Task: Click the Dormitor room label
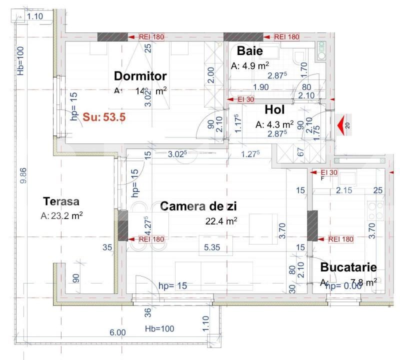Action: (x=140, y=76)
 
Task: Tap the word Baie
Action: (x=249, y=51)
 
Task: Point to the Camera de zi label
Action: (x=198, y=206)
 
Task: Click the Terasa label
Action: (x=61, y=202)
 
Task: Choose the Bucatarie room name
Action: (x=348, y=267)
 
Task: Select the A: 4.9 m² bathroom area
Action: (x=250, y=65)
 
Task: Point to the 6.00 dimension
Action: (x=118, y=332)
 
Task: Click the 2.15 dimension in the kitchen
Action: (x=344, y=190)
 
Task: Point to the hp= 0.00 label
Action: (x=343, y=286)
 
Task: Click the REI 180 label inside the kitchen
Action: (x=341, y=239)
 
